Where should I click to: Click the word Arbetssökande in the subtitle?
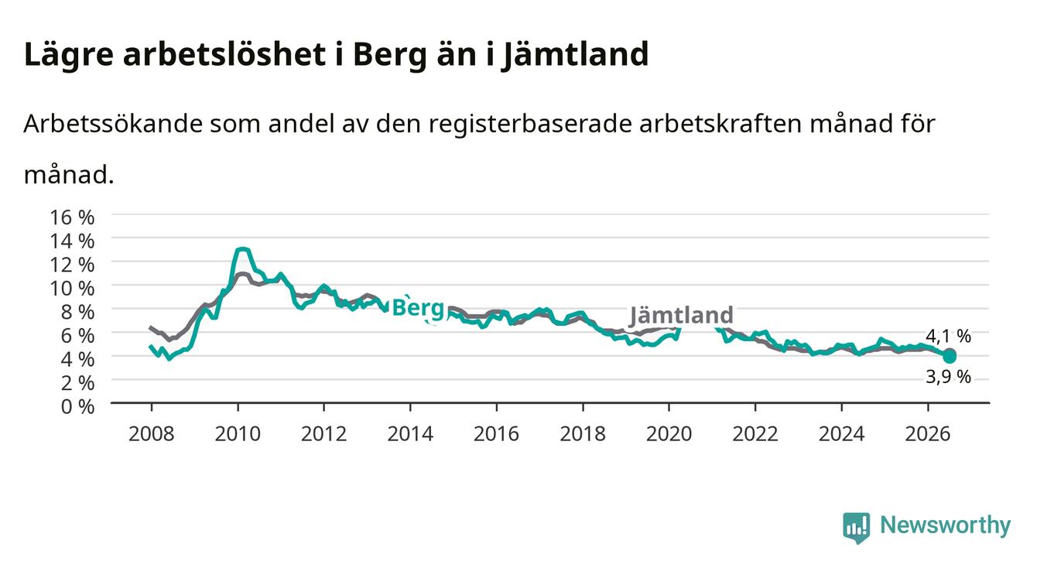pos(113,124)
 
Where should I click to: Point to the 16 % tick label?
pos(72,217)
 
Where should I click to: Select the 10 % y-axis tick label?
pos(72,289)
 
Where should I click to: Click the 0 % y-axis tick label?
pos(77,406)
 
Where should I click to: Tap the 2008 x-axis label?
pos(151,434)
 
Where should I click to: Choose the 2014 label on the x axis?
pos(409,434)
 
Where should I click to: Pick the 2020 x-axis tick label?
pos(669,434)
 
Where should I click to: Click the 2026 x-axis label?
pos(927,434)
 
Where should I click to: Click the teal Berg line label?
pos(418,308)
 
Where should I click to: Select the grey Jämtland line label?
pos(681,315)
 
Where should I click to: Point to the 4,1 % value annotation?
pos(948,336)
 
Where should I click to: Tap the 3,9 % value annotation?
pos(948,377)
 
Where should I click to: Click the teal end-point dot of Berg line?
pos(950,357)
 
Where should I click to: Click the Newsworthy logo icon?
pos(856,528)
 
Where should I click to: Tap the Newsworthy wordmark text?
pos(946,525)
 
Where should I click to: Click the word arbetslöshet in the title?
pos(224,55)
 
